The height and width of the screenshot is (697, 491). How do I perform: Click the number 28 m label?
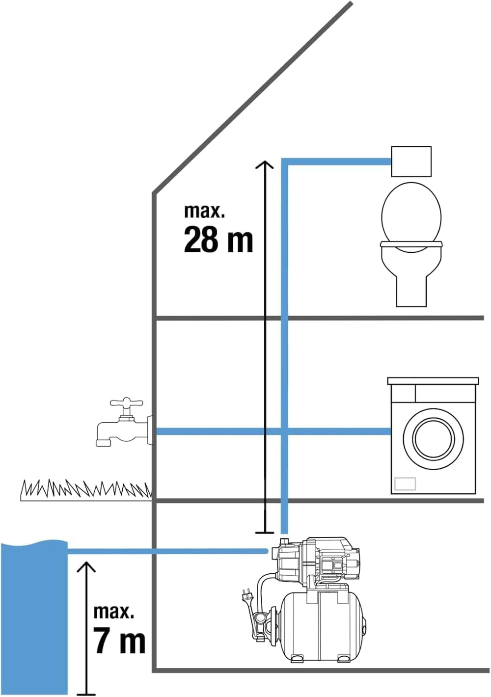[x=218, y=240]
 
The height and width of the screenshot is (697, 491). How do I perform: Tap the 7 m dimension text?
[x=119, y=641]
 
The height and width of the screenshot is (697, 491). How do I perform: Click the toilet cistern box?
[x=411, y=161]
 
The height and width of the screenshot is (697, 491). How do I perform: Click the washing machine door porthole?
[x=433, y=438]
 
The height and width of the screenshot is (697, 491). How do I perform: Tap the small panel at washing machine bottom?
[x=405, y=483]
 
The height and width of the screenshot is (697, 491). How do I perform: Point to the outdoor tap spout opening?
[x=103, y=443]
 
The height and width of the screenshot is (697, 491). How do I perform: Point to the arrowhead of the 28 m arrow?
[x=265, y=164]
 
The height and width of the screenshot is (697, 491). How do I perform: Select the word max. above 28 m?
[x=204, y=211]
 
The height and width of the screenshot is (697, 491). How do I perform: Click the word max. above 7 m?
[x=113, y=612]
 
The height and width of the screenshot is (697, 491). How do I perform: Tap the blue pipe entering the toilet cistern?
[x=339, y=161]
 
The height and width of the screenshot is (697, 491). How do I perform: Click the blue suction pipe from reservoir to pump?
[x=167, y=551]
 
